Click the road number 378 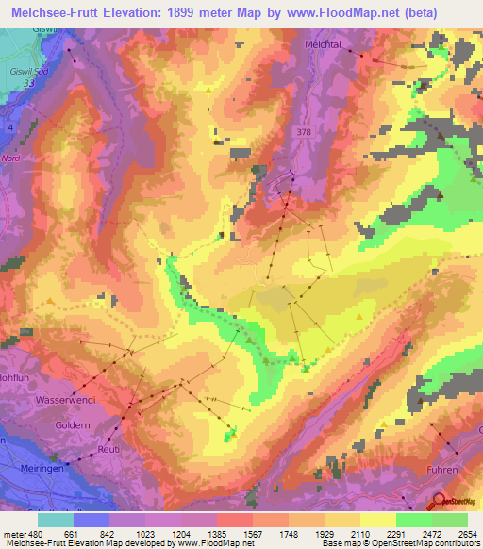pyautogui.click(x=302, y=131)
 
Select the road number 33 pyautogui.click(x=28, y=83)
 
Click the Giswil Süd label pyautogui.click(x=28, y=70)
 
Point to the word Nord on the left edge pyautogui.click(x=10, y=158)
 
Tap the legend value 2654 pyautogui.click(x=469, y=533)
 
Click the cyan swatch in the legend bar pyautogui.click(x=55, y=520)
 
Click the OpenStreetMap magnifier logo pyautogui.click(x=439, y=502)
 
